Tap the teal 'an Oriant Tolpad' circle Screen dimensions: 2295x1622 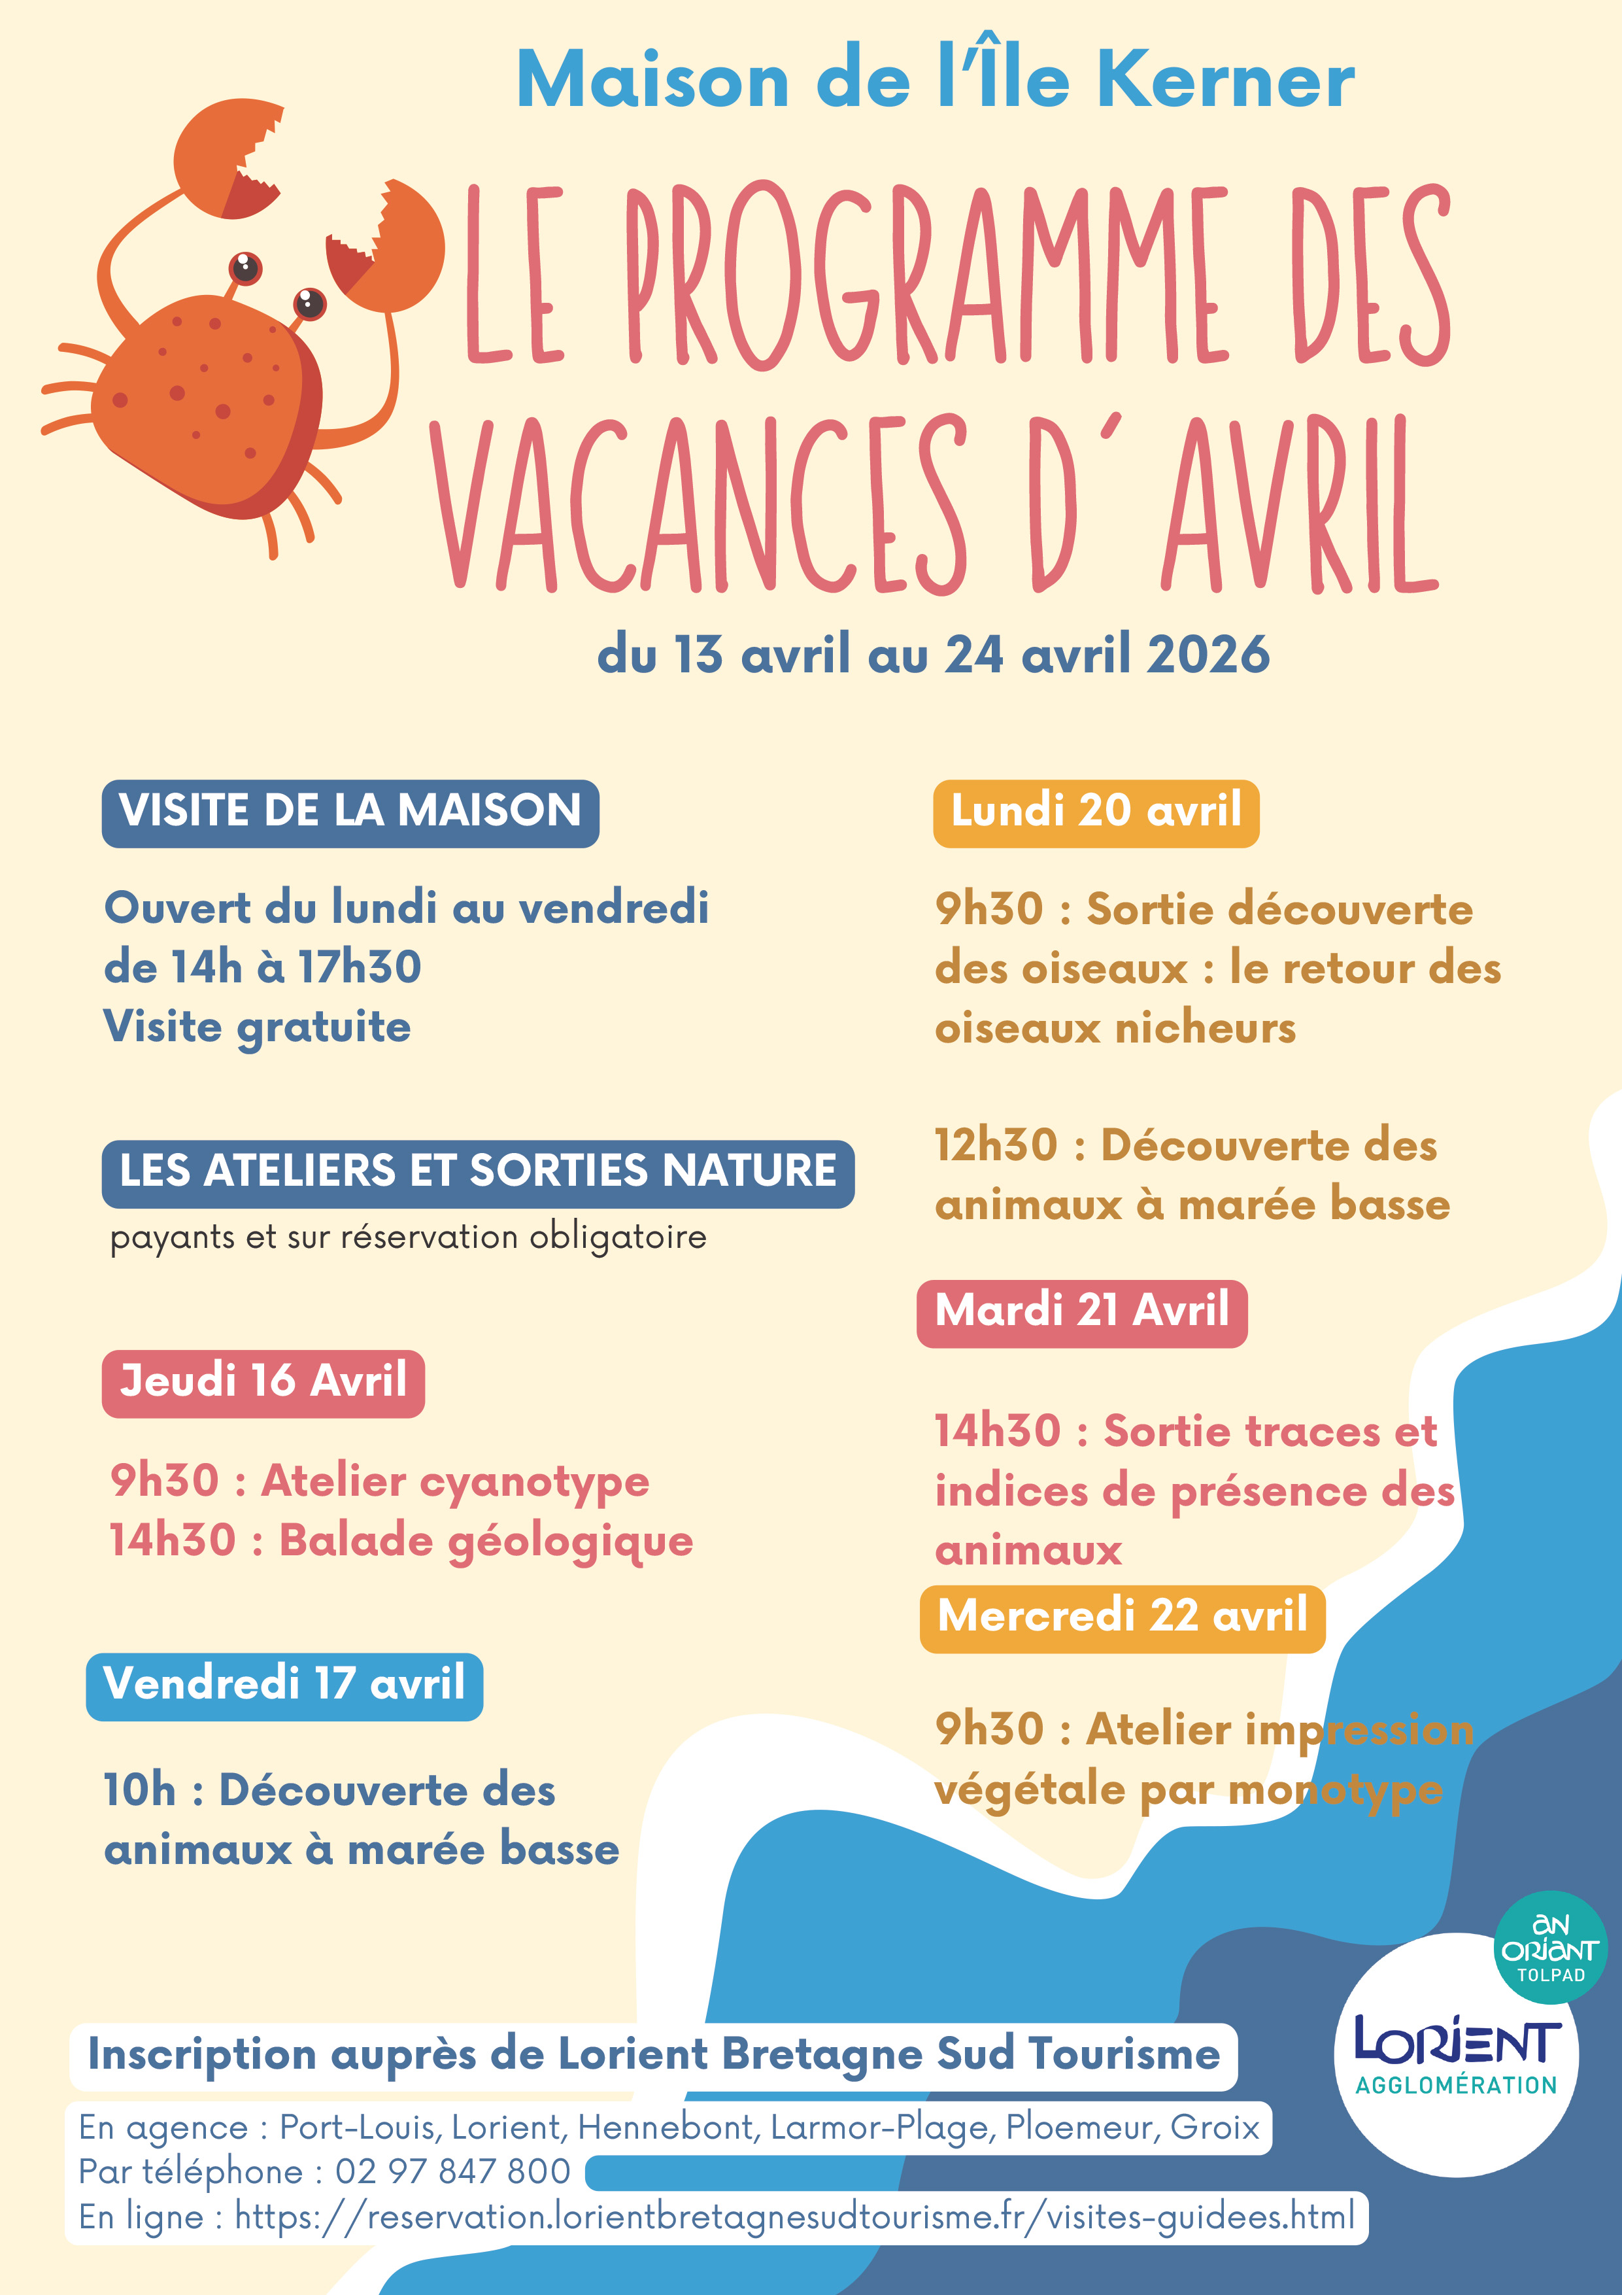click(1550, 1947)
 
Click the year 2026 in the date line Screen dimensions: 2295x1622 click(1208, 656)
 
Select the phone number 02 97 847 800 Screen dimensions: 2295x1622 click(452, 2171)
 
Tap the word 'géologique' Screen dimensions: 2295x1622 click(571, 1542)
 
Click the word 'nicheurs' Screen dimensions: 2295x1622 click(1206, 1029)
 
